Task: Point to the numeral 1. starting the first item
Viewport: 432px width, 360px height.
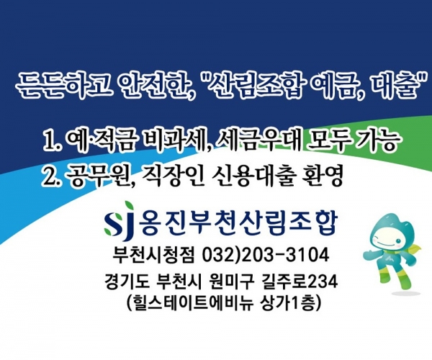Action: [x=52, y=140]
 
